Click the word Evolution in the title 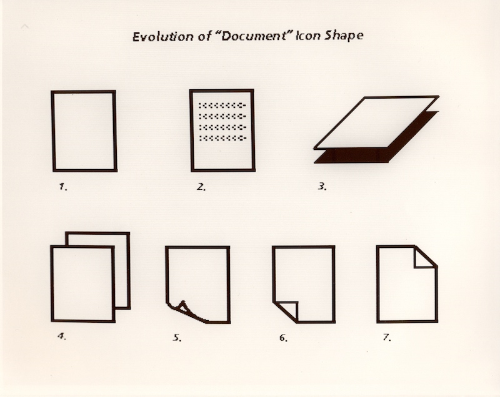(x=162, y=37)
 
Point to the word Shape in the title (x=344, y=36)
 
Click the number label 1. (x=63, y=187)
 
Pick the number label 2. (x=201, y=187)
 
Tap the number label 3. (x=322, y=186)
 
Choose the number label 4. (x=62, y=336)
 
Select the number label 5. (x=177, y=338)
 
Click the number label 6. (x=283, y=338)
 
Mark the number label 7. (x=387, y=337)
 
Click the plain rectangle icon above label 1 (x=52, y=131)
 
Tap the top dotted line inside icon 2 (x=222, y=105)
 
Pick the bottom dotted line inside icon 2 (x=222, y=138)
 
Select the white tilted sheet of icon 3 (x=376, y=122)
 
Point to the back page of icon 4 (x=128, y=271)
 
